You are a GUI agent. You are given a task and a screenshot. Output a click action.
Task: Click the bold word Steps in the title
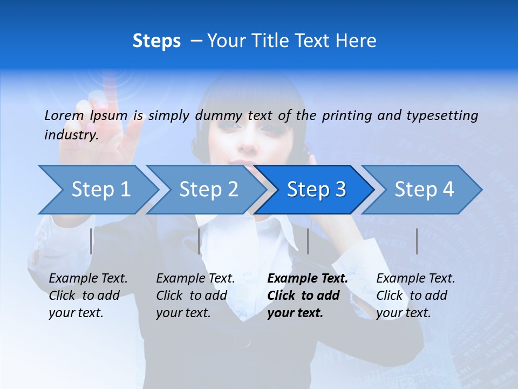[156, 41]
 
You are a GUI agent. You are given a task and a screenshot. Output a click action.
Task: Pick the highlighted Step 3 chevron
[316, 190]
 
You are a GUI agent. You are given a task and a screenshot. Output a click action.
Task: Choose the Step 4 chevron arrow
[424, 190]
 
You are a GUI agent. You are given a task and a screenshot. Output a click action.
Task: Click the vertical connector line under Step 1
[91, 241]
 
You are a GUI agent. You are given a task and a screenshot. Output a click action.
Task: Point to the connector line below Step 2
[199, 241]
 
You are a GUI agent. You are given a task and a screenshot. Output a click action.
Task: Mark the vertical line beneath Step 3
[308, 241]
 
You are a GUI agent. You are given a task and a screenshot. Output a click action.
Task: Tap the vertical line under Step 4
[417, 241]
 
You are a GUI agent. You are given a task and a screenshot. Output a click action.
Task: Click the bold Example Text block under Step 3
[308, 296]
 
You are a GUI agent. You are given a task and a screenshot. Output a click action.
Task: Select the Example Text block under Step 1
[88, 296]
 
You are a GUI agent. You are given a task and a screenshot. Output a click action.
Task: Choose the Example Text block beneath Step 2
[195, 296]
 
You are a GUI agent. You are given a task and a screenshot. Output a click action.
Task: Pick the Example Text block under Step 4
[415, 296]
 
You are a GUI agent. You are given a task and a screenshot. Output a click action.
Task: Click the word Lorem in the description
[64, 115]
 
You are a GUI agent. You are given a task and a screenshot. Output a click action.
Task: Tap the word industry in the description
[71, 135]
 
